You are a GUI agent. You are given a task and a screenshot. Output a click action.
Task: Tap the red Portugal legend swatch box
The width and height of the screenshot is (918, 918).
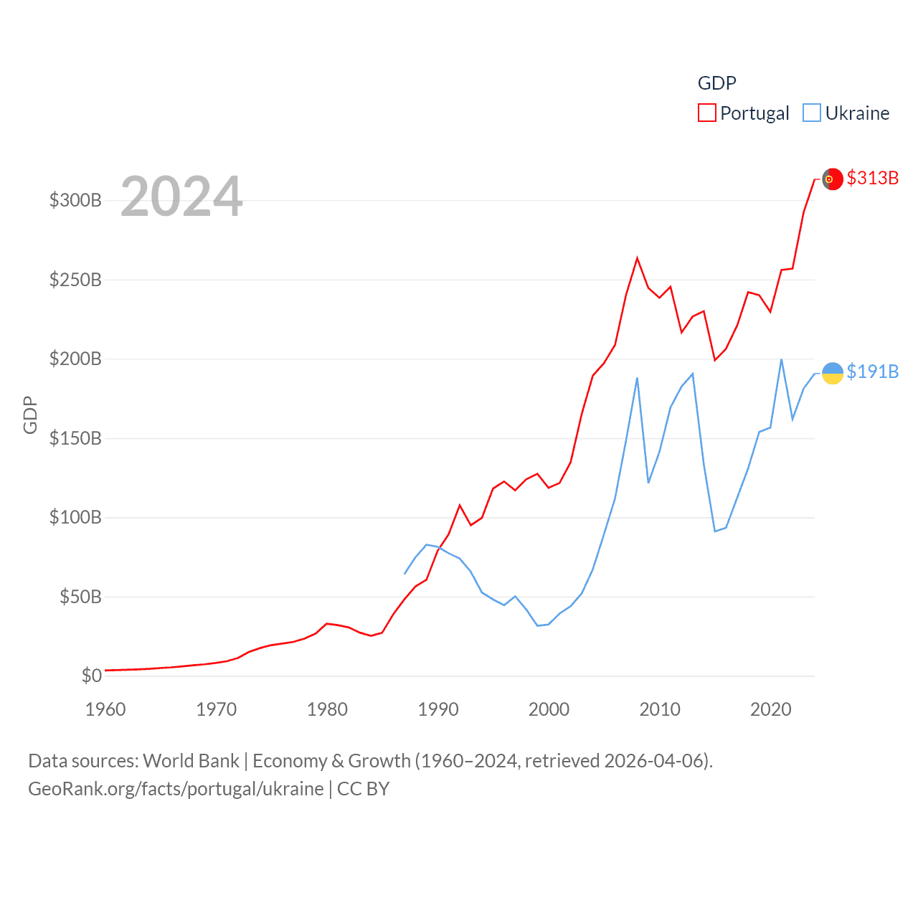point(707,113)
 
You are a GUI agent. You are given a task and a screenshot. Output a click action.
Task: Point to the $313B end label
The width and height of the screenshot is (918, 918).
point(872,178)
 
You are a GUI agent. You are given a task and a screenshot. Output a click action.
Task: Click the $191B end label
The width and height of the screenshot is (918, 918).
point(872,372)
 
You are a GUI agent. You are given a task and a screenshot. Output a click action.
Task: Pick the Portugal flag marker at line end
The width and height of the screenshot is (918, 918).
point(832,179)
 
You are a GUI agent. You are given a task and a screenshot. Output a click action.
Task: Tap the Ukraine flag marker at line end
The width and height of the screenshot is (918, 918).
point(832,373)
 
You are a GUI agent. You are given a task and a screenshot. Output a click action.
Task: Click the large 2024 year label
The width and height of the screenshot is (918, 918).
point(181,197)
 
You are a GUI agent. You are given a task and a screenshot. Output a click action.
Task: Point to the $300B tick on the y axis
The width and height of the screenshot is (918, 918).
point(75,200)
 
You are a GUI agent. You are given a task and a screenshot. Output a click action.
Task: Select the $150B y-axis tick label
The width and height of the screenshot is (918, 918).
point(75,438)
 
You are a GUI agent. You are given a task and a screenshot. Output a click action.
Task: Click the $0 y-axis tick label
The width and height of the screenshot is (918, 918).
point(91,676)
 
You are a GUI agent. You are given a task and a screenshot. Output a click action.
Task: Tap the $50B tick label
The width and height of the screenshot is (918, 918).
point(80,597)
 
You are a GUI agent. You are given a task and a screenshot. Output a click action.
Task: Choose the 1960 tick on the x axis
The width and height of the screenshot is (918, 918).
point(105,709)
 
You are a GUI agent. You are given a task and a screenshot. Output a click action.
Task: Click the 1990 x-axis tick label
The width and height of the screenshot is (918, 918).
point(438,709)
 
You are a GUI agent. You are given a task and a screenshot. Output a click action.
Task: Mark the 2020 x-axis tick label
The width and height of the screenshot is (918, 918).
point(770,709)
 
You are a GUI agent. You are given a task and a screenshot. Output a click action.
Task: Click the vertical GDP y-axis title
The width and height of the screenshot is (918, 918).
point(30,415)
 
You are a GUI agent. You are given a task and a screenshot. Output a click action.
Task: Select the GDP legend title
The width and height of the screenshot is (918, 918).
point(716,83)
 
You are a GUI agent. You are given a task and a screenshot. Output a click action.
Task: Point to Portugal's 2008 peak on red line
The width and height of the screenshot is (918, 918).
point(637,258)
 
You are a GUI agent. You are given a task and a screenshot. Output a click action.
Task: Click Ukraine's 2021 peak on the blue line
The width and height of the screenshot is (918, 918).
point(781,359)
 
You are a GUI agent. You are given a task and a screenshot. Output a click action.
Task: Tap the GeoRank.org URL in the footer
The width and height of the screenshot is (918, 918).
point(176,789)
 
